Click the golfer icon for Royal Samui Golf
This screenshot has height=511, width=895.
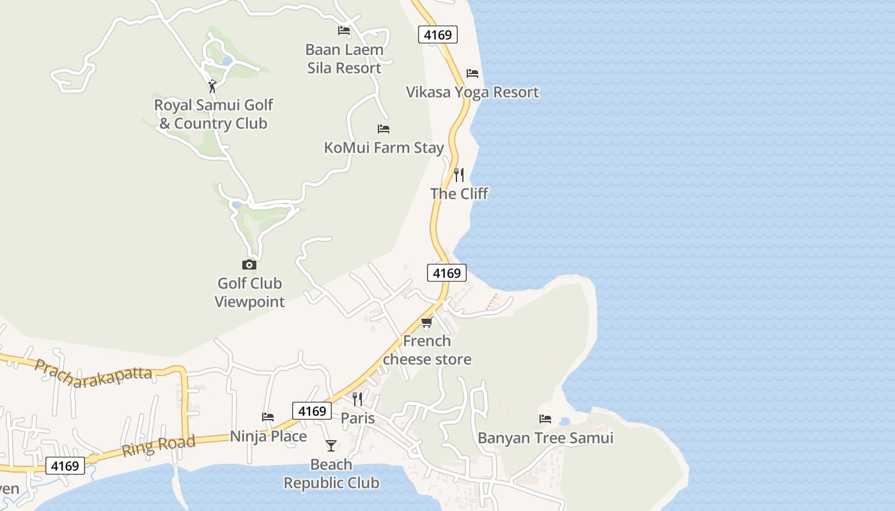pos(212,86)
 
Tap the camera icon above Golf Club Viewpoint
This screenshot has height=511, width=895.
pos(249,264)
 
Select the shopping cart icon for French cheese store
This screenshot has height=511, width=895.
pos(426,322)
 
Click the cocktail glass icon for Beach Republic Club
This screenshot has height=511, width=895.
pos(331,445)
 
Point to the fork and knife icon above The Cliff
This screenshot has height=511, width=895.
pos(459,174)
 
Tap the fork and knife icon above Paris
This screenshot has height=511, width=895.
pos(357,399)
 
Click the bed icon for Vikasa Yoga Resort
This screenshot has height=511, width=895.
pos(472,73)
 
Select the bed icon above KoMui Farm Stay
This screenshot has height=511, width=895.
pos(384,129)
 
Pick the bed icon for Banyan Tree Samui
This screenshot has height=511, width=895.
pos(545,419)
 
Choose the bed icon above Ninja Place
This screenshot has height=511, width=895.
pos(268,417)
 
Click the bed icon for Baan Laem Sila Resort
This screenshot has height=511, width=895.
pos(344,31)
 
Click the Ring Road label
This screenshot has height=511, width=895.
pos(159,445)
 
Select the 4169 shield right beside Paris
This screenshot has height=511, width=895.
pos(313,411)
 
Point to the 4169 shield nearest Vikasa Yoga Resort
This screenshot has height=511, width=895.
pos(438,34)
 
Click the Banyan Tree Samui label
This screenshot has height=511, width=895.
pos(545,438)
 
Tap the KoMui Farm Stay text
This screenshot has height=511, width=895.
pos(384,148)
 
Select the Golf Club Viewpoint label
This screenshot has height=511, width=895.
pos(249,293)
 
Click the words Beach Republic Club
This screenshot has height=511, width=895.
pos(331,474)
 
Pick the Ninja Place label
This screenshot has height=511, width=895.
pos(268,436)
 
